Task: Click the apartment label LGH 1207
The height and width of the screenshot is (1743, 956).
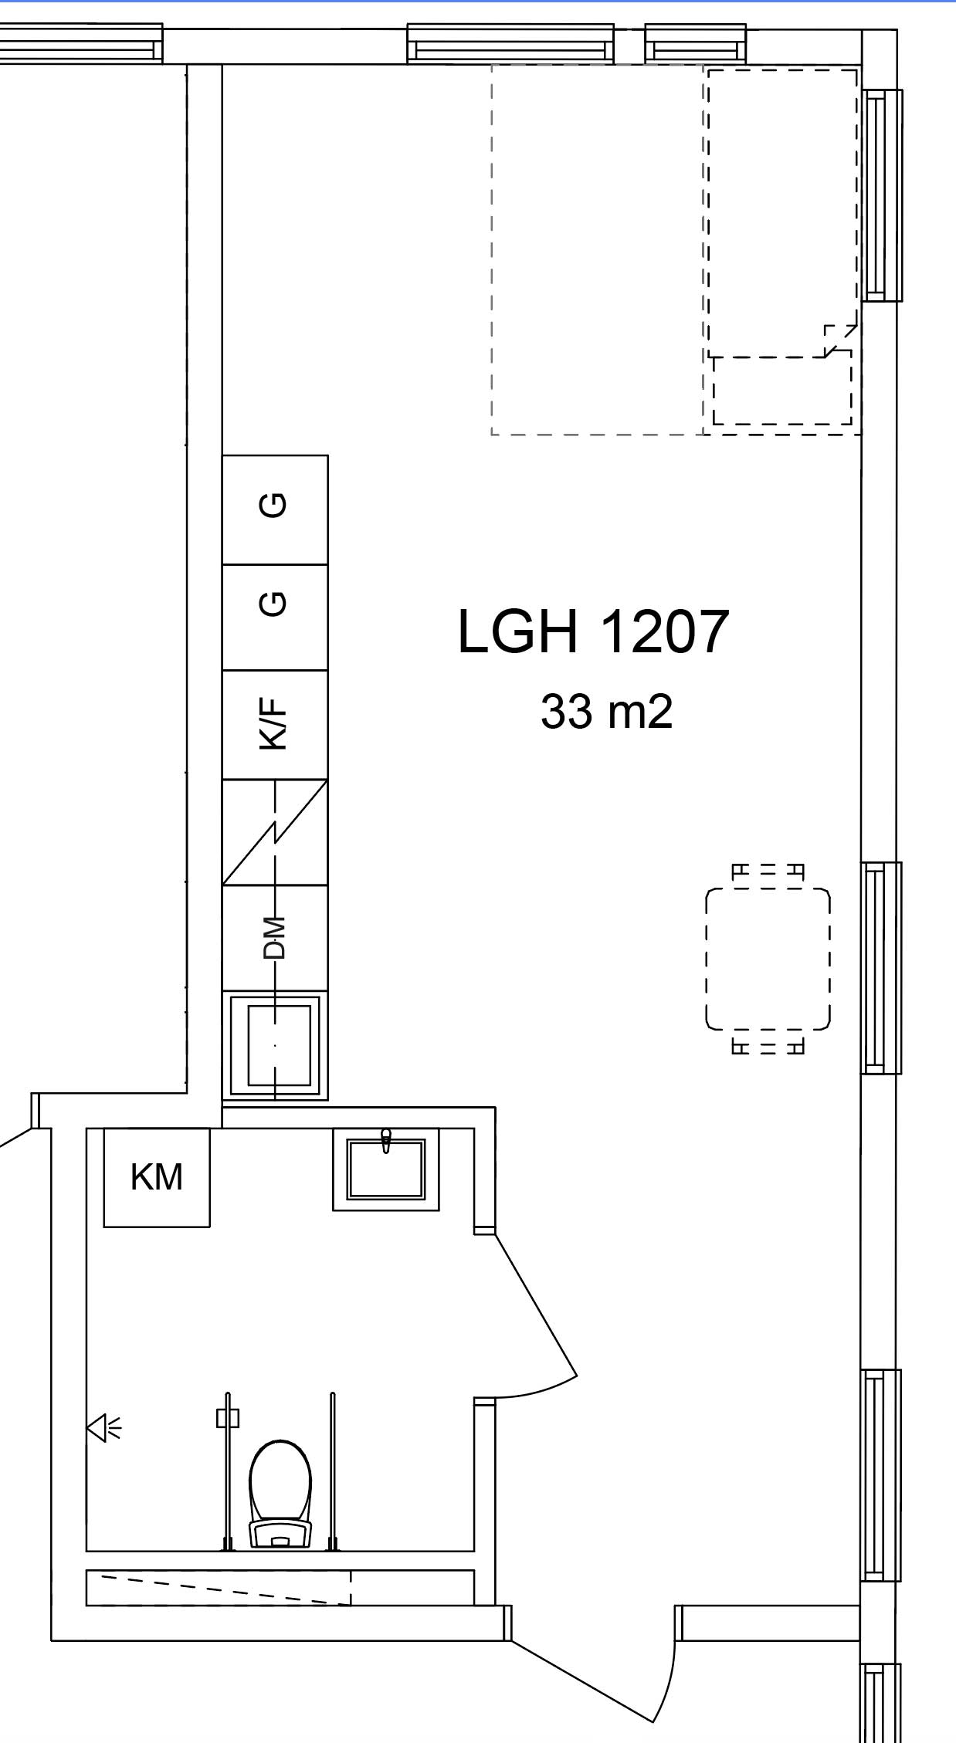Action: pos(593,631)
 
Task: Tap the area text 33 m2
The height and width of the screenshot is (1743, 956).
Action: pos(606,712)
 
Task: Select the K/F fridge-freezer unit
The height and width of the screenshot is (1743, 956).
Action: pos(275,724)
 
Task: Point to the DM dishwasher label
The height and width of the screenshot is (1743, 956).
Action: pos(275,937)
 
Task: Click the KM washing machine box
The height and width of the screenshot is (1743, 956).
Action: pos(157,1177)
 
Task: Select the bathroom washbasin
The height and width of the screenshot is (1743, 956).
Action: pos(386,1169)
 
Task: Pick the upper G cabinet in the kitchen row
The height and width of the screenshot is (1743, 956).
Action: pos(275,509)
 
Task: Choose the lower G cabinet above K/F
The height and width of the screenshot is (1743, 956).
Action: pos(275,617)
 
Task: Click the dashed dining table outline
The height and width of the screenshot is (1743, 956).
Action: pos(768,959)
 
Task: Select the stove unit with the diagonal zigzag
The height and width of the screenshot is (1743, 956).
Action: pos(275,831)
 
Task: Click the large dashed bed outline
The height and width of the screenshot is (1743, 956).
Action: pos(597,249)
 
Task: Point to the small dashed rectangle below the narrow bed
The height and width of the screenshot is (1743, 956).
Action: pos(781,390)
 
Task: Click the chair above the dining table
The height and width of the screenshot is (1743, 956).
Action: pos(768,871)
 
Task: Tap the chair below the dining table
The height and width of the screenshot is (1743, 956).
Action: pos(768,1047)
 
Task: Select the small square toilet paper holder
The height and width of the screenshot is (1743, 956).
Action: pos(228,1418)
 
